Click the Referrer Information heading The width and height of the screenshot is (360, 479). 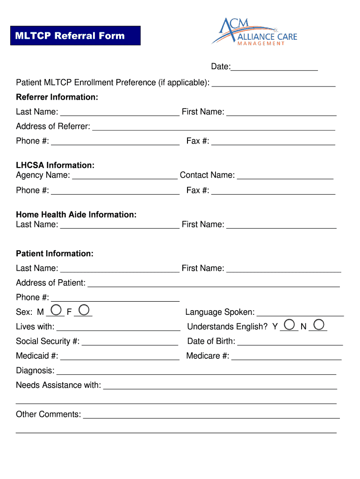[x=57, y=97]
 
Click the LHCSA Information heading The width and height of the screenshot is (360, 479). [x=55, y=165]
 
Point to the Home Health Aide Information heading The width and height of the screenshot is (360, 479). [x=76, y=215]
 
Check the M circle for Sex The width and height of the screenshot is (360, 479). [x=56, y=310]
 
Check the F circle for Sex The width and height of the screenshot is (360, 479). [x=84, y=310]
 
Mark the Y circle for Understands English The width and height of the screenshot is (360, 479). [x=290, y=324]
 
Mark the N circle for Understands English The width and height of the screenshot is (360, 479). [x=319, y=324]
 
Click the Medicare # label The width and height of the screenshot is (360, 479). [x=208, y=356]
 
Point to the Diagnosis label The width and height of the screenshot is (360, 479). [x=35, y=370]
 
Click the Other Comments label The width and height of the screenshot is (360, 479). [x=48, y=414]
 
